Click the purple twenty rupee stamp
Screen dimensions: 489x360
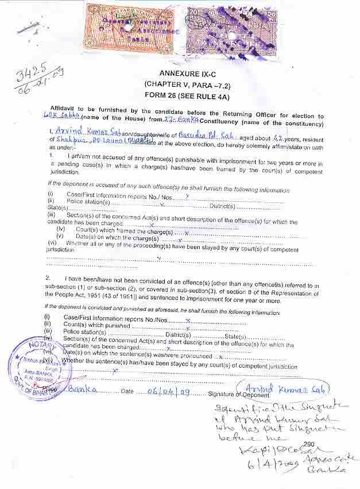[x=231, y=32]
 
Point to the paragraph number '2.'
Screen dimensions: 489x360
[x=49, y=278]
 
